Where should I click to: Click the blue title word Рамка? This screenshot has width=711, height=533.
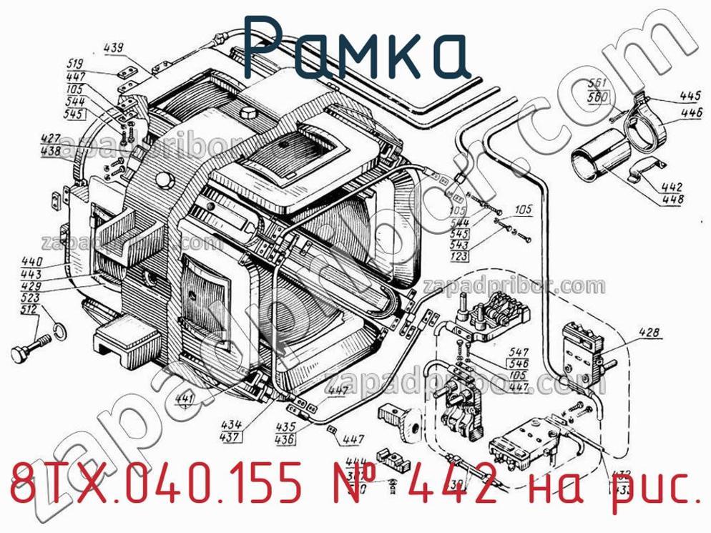355,48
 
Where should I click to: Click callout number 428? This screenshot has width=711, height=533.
650,332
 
